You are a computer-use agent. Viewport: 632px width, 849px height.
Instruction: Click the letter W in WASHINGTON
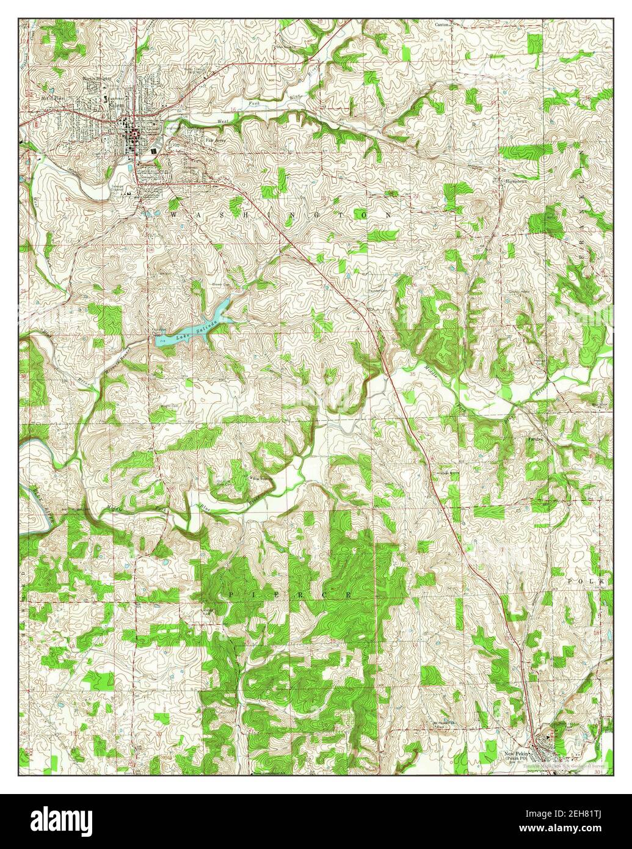[x=175, y=216]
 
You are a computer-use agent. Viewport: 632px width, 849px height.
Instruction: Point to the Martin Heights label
[x=98, y=79]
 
